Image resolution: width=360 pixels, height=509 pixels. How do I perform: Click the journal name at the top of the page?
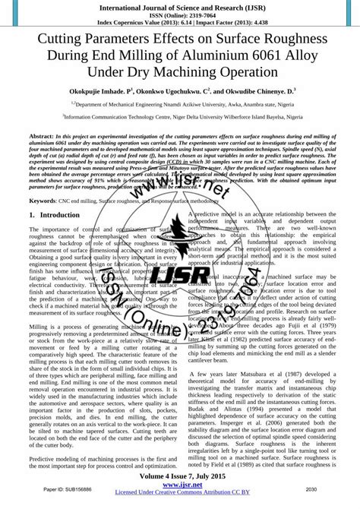click(x=179, y=7)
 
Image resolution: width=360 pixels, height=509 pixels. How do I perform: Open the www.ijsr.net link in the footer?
click(x=179, y=485)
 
